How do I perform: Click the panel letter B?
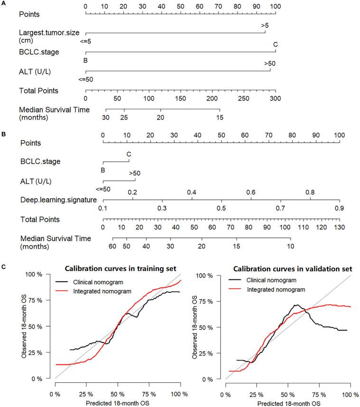(3, 134)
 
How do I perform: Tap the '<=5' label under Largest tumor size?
(85, 41)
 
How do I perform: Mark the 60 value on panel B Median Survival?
(113, 247)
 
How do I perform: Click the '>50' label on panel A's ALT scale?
(270, 63)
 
